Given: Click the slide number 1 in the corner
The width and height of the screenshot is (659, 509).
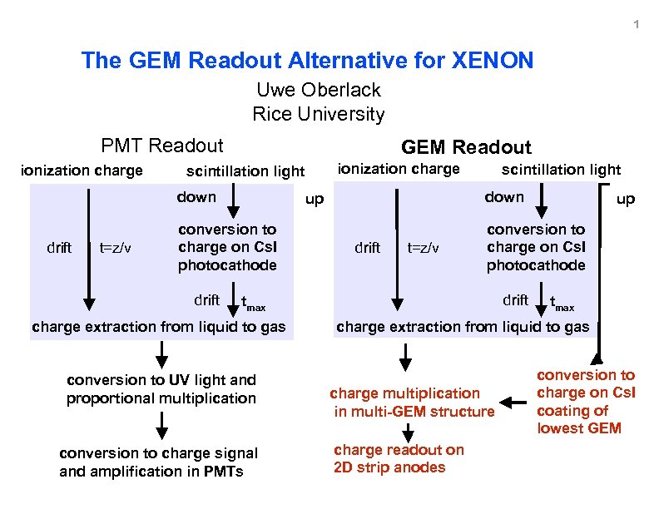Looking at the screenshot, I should pos(636,24).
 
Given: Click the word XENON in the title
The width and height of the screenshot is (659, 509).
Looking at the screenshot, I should pos(493,61).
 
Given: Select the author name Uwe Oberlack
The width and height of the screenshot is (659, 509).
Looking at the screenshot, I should pos(319,90).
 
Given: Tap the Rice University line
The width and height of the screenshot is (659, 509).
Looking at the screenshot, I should pos(319,114).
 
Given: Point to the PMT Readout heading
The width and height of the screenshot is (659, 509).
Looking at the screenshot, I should pos(162,146).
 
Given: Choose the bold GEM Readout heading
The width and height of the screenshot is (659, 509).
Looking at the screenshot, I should pos(466,148).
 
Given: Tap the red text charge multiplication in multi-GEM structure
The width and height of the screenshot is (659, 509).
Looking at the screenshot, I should pos(413,402).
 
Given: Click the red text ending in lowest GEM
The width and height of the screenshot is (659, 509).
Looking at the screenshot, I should pos(586,402).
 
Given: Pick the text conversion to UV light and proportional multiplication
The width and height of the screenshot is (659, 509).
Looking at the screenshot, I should pos(161,388).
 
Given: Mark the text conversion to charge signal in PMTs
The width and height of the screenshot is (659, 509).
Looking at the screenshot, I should pos(159,462).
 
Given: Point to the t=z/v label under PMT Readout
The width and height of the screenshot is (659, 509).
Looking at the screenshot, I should pos(116,247).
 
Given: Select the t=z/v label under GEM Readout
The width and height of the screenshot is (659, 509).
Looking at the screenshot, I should pos(424,247).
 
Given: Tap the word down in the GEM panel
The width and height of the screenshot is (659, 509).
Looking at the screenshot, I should pos(504,197).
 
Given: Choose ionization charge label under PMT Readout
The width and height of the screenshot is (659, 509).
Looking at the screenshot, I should pos(82,170).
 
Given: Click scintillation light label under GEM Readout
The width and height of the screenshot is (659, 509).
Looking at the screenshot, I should pos(561,170).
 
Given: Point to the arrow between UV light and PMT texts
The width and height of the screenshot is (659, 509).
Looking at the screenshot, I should pos(163,426).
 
